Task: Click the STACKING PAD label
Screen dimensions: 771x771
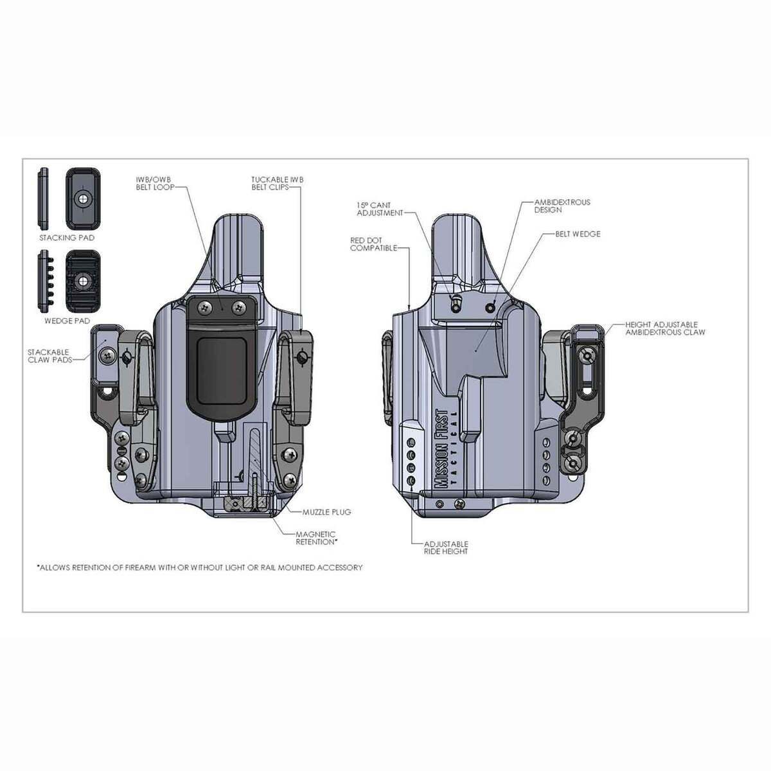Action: tap(67, 238)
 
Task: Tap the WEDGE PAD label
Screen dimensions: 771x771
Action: tap(67, 320)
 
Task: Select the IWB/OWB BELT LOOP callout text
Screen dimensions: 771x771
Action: tap(154, 184)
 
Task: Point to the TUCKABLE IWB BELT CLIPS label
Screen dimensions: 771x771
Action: tap(277, 184)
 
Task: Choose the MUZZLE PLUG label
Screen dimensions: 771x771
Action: tap(327, 512)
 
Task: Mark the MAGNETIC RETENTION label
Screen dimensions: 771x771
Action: tap(316, 538)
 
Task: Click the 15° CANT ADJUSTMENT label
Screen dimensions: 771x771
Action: tap(380, 209)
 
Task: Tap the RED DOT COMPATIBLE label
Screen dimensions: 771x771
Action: tap(373, 244)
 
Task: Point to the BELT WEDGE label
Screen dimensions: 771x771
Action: tap(578, 234)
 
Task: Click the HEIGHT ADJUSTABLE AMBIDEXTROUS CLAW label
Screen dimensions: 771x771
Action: tap(664, 328)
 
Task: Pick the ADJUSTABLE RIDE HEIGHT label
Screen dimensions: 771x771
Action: tap(446, 547)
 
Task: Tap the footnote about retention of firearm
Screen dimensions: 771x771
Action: tap(200, 567)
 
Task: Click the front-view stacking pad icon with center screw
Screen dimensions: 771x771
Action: tap(83, 199)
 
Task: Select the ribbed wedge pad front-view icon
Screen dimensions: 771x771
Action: tap(83, 282)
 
